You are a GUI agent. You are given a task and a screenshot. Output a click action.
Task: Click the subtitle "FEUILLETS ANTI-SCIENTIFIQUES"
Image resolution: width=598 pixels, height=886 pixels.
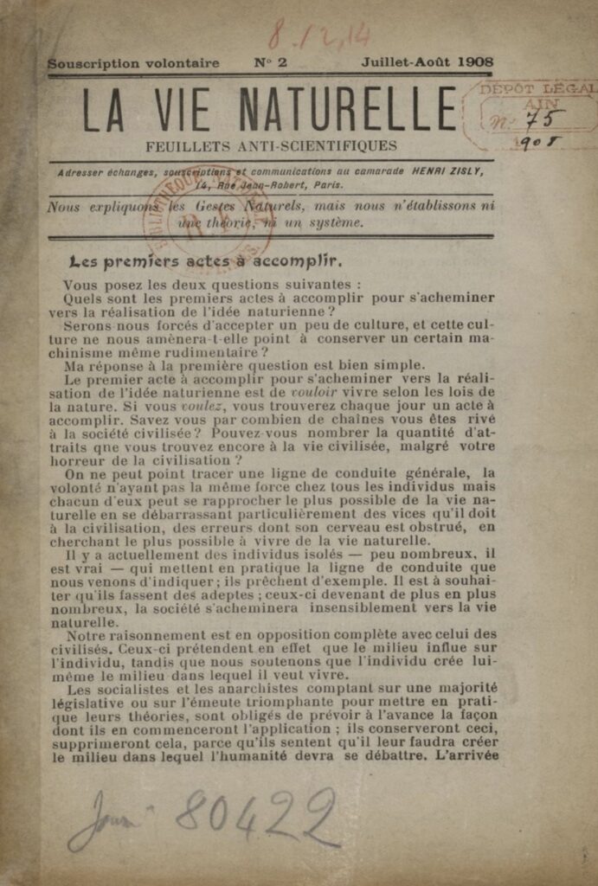coord(272,146)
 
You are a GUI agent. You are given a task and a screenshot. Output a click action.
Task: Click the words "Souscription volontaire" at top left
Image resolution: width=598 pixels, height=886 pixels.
coord(133,63)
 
